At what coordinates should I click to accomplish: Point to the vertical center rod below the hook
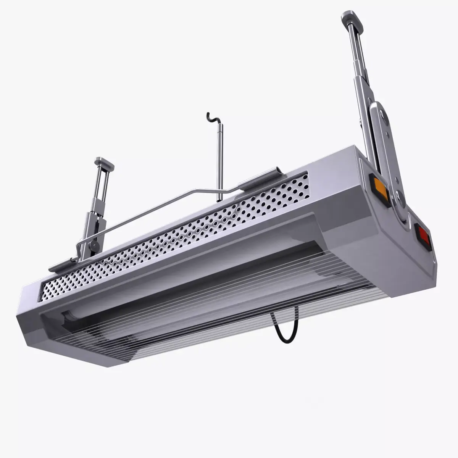point(219,160)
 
